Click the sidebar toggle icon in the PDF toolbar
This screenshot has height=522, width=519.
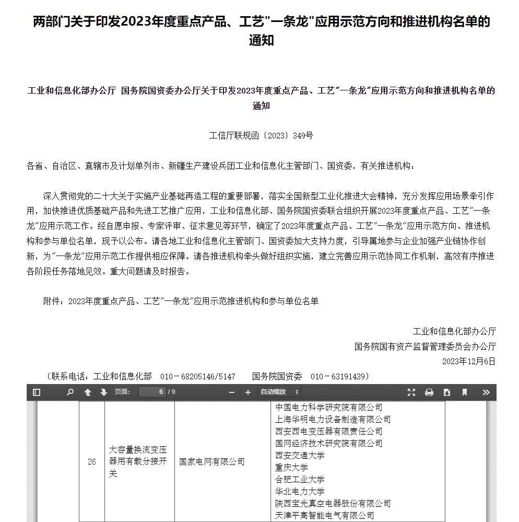[x=37, y=392]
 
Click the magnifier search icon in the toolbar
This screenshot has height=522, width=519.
[x=70, y=392]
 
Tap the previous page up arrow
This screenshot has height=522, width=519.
[x=88, y=392]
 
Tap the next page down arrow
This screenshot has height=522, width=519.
[x=103, y=392]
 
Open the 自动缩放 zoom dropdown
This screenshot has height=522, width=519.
[x=280, y=392]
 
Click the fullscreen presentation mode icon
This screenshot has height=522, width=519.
[x=411, y=392]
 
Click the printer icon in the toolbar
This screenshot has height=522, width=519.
[x=429, y=392]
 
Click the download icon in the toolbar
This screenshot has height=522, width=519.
[x=447, y=392]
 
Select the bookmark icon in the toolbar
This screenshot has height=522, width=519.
[x=464, y=392]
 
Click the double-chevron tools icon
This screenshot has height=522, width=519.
[x=486, y=392]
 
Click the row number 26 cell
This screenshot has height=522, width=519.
[x=92, y=462]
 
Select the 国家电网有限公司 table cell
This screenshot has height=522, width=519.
[x=212, y=462]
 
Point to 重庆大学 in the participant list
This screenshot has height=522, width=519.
[x=291, y=468]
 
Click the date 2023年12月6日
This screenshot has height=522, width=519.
[x=468, y=361]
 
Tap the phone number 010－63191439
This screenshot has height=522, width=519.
[x=340, y=376]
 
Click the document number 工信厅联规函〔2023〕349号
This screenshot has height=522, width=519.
[x=261, y=135]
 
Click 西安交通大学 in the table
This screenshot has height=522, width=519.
[x=300, y=456]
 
